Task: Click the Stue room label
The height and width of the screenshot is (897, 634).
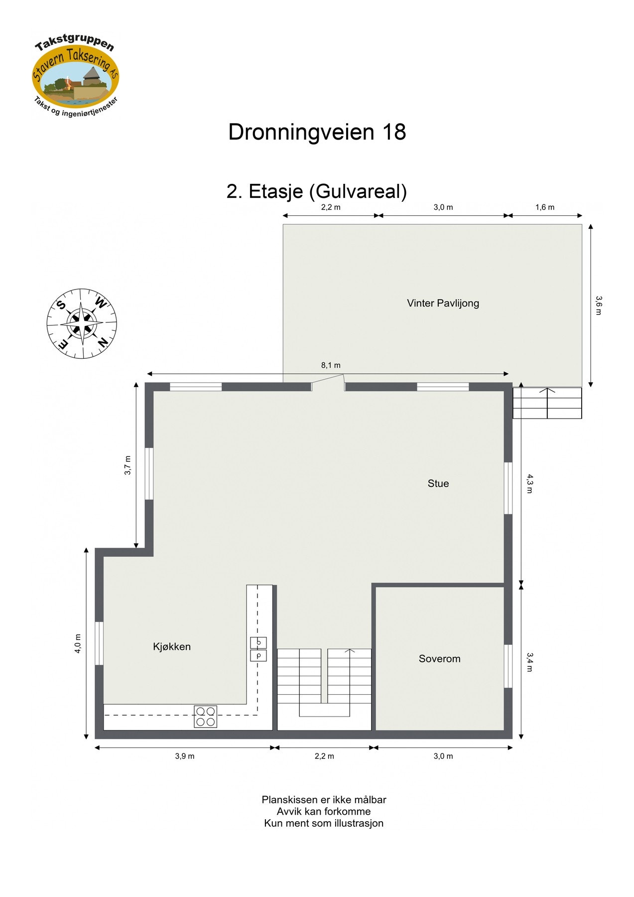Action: (x=438, y=483)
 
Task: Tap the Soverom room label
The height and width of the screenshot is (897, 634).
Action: (x=439, y=659)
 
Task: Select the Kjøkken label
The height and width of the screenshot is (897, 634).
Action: (x=171, y=647)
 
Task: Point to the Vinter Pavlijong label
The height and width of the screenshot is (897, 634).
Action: (x=443, y=303)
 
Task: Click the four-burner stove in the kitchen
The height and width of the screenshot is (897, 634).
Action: (x=205, y=717)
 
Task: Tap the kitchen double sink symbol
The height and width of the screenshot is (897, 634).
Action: (x=258, y=649)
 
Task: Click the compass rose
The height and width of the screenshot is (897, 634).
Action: (x=82, y=323)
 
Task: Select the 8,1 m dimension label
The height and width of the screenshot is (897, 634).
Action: (x=331, y=365)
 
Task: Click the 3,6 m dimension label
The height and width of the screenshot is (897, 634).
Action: (x=599, y=305)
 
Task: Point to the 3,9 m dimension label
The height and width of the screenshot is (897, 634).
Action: (x=184, y=756)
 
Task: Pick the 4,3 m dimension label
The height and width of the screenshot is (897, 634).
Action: (x=530, y=483)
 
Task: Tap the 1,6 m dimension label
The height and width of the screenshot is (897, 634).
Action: (x=545, y=207)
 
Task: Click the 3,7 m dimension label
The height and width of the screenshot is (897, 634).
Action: (x=127, y=465)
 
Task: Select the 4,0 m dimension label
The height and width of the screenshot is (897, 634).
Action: (x=78, y=643)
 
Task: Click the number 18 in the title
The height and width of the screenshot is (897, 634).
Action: (x=393, y=132)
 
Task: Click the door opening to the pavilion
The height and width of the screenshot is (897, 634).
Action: (x=328, y=386)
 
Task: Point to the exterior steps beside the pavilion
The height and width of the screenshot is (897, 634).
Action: (x=547, y=403)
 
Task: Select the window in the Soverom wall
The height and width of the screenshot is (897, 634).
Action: (x=508, y=666)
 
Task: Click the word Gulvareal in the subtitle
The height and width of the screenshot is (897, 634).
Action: (x=361, y=191)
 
